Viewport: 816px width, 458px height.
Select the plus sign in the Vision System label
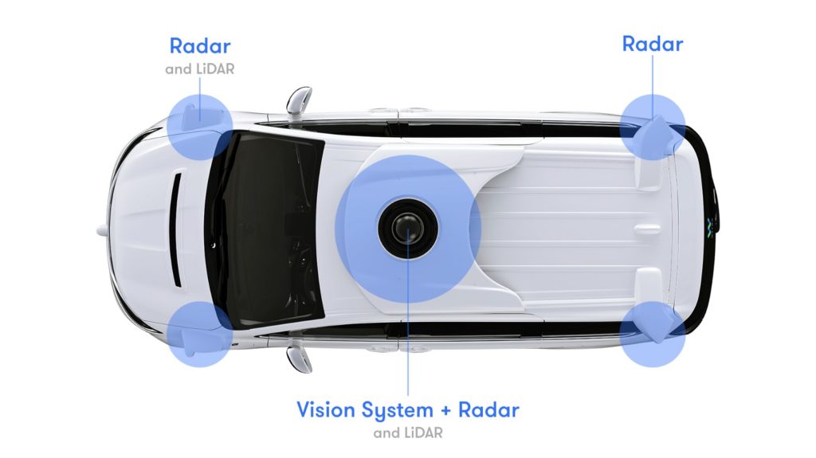click(x=445, y=411)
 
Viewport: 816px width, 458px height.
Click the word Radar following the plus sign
click(x=488, y=410)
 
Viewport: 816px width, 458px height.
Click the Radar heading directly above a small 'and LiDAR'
click(x=200, y=46)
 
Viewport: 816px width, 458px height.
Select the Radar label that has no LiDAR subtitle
click(x=653, y=44)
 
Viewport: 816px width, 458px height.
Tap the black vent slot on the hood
click(x=177, y=229)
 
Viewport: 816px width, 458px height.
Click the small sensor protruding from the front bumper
click(x=102, y=229)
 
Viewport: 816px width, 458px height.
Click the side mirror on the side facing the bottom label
click(x=299, y=359)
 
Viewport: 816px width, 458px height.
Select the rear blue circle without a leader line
click(x=653, y=334)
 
